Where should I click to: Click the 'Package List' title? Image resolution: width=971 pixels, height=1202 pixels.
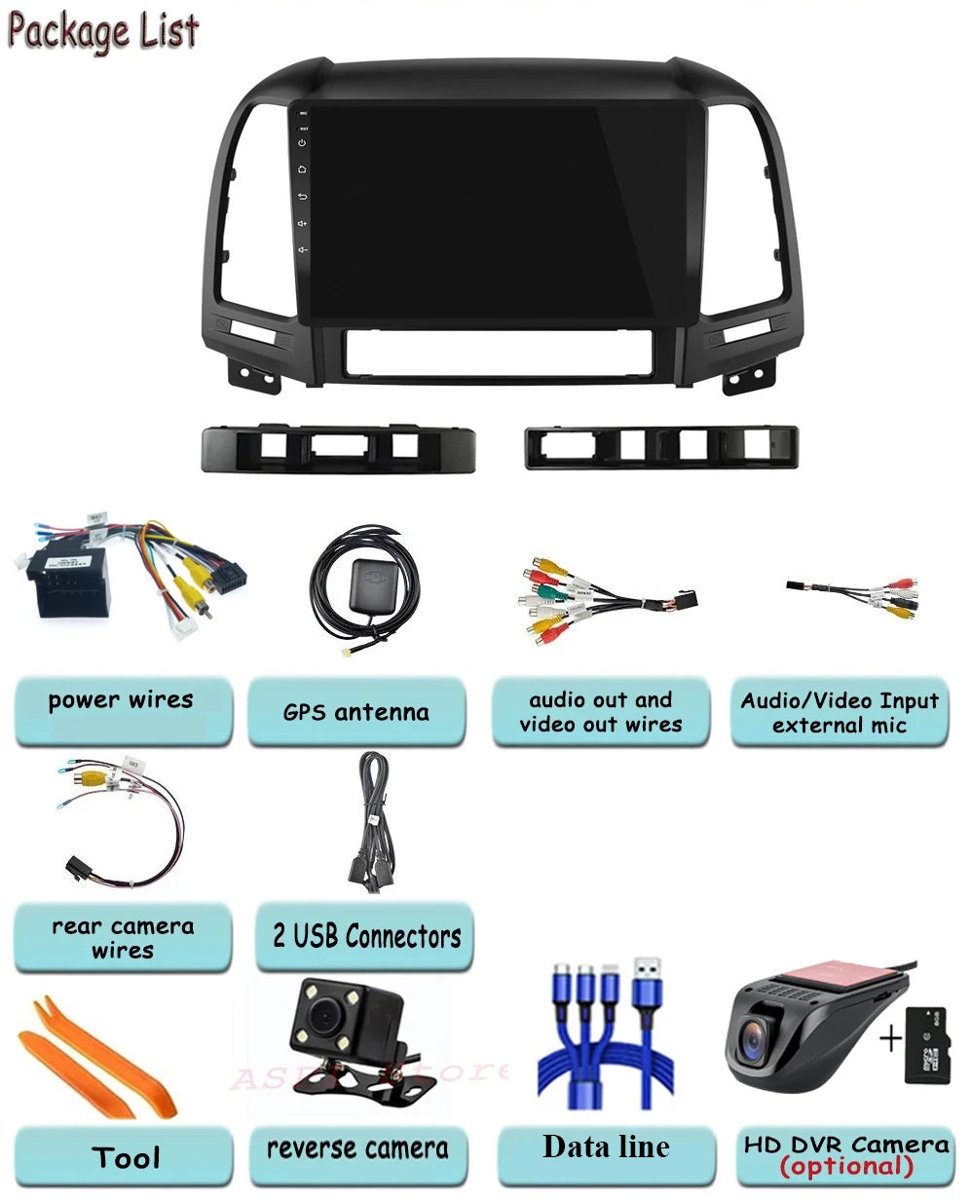(x=103, y=31)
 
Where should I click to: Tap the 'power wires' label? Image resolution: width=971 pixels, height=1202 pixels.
(x=121, y=700)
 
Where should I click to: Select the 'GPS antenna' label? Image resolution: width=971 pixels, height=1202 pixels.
(x=355, y=712)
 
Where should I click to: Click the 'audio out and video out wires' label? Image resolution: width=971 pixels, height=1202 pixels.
(x=600, y=712)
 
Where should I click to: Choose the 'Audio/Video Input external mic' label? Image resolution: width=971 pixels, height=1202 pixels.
(x=839, y=713)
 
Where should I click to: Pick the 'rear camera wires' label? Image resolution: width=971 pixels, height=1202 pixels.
(x=123, y=937)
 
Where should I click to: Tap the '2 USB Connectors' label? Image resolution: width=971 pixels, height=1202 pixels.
(x=366, y=936)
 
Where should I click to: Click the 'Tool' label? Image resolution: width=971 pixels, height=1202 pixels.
(x=125, y=1157)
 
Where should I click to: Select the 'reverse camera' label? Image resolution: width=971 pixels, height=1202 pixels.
(x=357, y=1148)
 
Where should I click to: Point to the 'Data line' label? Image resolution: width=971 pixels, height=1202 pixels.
(x=606, y=1146)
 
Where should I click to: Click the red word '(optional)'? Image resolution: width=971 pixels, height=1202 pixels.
(x=846, y=1167)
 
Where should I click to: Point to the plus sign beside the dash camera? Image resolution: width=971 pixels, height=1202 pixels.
(x=890, y=1038)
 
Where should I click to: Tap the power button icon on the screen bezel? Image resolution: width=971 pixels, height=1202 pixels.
(x=302, y=143)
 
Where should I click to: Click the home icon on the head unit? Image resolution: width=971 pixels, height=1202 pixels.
(x=302, y=169)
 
